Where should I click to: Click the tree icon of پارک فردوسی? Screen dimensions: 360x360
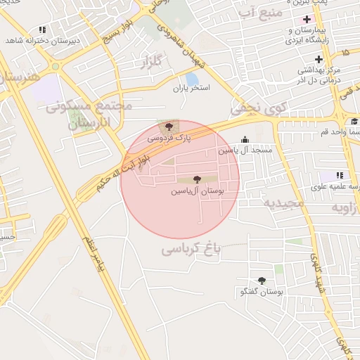pyautogui.click(x=168, y=127)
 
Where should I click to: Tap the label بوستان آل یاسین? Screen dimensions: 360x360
pyautogui.click(x=197, y=191)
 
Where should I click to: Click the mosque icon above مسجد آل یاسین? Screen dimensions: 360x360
pyautogui.click(x=245, y=140)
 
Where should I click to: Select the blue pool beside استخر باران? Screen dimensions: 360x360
pyautogui.click(x=192, y=78)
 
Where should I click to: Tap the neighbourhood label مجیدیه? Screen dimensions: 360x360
pyautogui.click(x=283, y=203)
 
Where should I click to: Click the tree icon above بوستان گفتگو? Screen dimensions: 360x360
pyautogui.click(x=262, y=281)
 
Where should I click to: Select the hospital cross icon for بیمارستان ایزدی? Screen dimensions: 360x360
pyautogui.click(x=307, y=19)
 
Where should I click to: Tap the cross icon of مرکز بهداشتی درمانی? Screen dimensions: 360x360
pyautogui.click(x=319, y=59)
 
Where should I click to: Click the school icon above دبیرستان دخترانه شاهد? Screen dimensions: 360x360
pyautogui.click(x=42, y=30)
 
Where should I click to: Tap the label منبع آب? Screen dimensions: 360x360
pyautogui.click(x=261, y=13)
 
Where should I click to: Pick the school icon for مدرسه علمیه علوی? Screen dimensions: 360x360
pyautogui.click(x=340, y=175)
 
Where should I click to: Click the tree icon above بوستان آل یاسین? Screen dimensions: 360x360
pyautogui.click(x=196, y=179)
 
